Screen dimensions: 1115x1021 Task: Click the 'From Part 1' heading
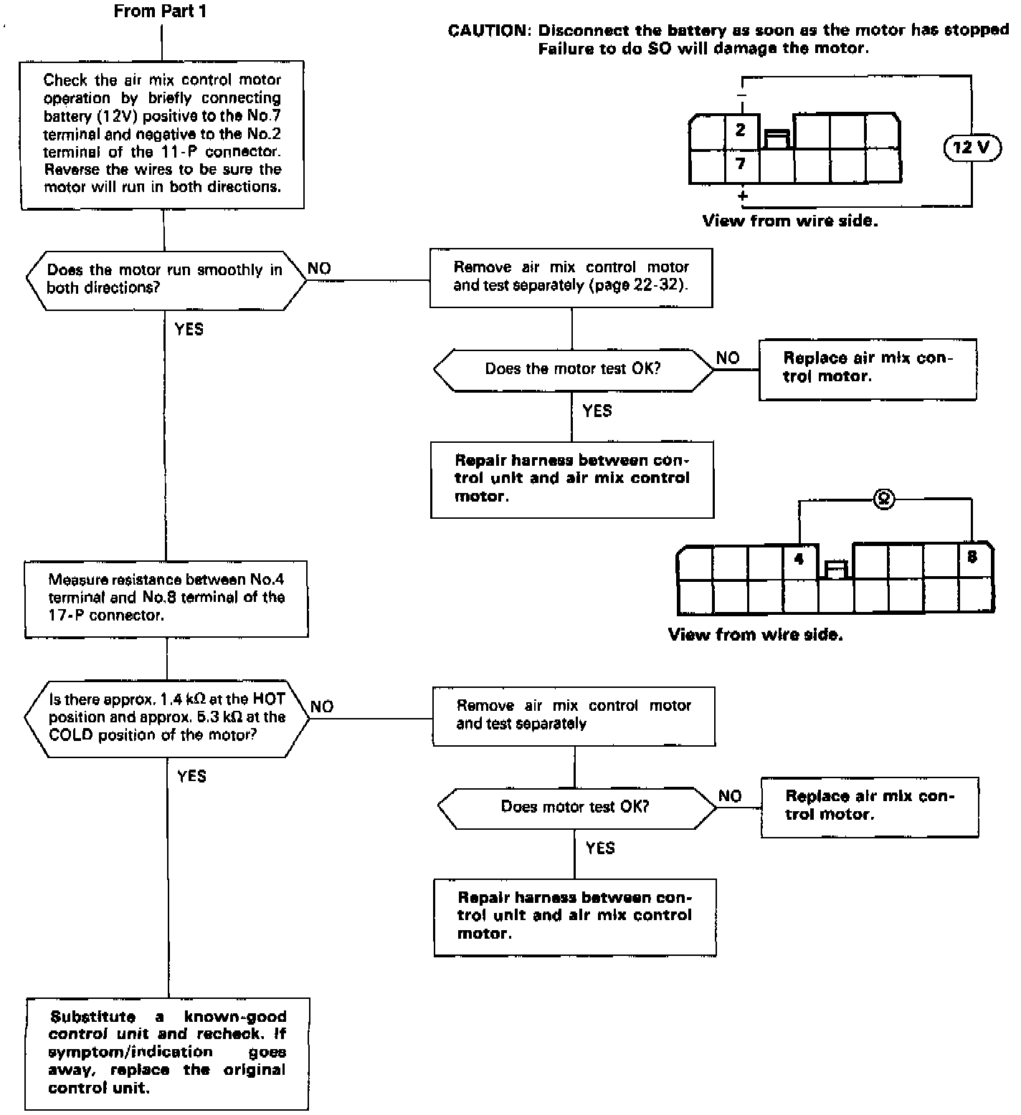tap(160, 11)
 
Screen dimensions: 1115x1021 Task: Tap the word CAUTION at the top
tap(487, 31)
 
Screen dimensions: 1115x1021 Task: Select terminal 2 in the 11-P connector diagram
tap(741, 130)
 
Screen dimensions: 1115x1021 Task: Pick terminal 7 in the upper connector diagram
tap(741, 164)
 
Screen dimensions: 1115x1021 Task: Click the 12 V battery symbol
tap(972, 148)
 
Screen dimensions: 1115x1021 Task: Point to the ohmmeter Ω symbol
tap(884, 500)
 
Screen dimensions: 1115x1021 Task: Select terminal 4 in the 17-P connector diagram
tap(800, 557)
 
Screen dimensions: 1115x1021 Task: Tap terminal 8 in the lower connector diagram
tap(972, 557)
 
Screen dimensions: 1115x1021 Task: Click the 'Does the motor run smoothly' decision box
tap(165, 279)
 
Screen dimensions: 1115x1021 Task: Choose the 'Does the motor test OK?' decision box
tap(573, 369)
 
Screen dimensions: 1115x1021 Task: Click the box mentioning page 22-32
tap(571, 277)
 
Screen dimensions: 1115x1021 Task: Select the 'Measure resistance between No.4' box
tap(166, 598)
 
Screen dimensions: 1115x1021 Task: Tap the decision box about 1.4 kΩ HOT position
tap(166, 717)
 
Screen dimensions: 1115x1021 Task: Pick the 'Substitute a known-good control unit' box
tap(168, 1052)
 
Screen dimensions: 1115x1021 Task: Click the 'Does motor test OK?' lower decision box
tap(575, 807)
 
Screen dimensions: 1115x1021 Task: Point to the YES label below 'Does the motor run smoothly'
tap(189, 330)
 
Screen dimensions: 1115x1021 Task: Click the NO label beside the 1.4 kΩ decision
tap(322, 707)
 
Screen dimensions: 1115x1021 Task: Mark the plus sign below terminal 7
tap(743, 195)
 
